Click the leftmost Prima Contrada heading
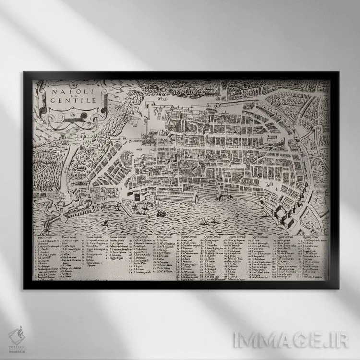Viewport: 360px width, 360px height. coord(47,238)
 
